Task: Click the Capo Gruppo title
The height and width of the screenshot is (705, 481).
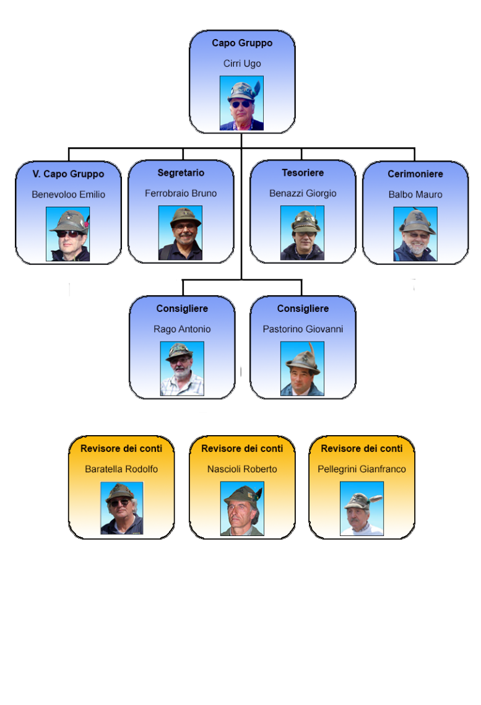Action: [242, 43]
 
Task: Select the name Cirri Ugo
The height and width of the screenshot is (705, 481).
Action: [242, 63]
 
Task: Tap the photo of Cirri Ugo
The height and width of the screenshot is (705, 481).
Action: [241, 103]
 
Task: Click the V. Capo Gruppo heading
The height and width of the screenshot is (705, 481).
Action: [68, 174]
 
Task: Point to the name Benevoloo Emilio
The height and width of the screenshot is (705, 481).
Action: [68, 194]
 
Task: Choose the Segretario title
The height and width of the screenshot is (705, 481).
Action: [181, 173]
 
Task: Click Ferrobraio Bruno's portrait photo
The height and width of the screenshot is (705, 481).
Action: [180, 233]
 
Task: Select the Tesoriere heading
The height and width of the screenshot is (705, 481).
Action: [303, 173]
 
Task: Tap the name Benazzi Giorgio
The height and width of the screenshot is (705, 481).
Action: [303, 193]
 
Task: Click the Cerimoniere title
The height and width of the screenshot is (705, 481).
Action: [415, 174]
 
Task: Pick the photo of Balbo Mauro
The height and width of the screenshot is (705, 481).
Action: [415, 234]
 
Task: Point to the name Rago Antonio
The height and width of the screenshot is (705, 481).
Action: [182, 329]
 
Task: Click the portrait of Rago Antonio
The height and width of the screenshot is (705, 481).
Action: [182, 369]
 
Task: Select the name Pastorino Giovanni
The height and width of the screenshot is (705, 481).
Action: [303, 329]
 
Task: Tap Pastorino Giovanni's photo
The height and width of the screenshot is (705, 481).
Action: [302, 369]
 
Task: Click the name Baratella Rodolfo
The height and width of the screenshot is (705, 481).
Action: [121, 469]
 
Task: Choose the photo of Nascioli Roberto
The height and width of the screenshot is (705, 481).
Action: [242, 509]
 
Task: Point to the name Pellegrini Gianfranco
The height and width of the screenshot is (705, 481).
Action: [362, 469]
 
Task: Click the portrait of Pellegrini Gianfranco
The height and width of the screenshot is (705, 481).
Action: [362, 509]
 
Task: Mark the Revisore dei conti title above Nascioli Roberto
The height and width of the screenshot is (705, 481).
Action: [242, 448]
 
